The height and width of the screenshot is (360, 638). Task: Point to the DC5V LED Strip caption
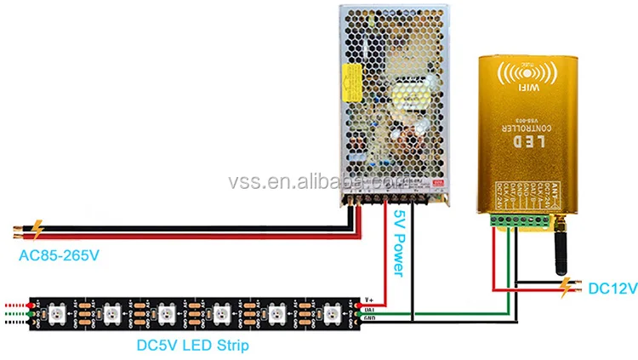point(193,346)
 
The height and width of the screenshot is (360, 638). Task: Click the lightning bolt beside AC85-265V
point(37,228)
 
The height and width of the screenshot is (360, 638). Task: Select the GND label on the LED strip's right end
point(368,318)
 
